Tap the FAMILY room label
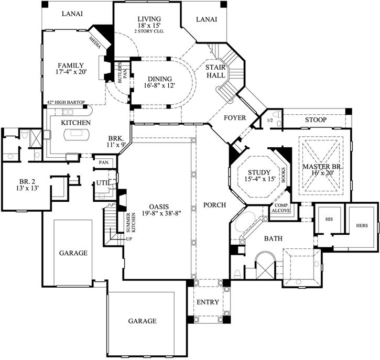click(x=72, y=66)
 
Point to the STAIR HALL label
click(x=215, y=71)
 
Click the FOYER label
click(x=235, y=118)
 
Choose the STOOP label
click(x=316, y=120)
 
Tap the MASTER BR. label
click(x=322, y=167)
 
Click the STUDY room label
click(x=259, y=172)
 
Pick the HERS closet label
click(x=362, y=225)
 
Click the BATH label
click(x=273, y=238)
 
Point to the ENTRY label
click(x=208, y=302)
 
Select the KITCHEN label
click(x=75, y=123)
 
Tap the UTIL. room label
click(x=102, y=182)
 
